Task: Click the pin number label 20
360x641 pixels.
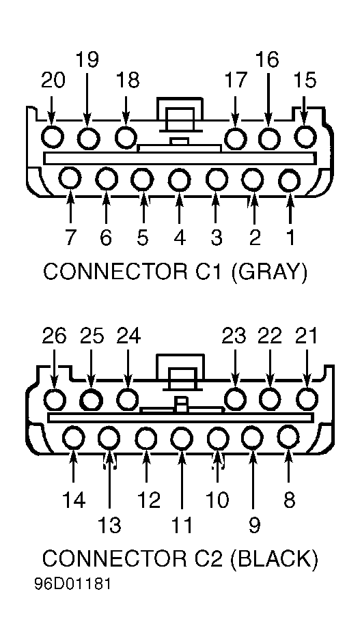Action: pos(53,81)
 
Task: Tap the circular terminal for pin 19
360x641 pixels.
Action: pos(88,139)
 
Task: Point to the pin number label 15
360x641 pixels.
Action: pos(305,81)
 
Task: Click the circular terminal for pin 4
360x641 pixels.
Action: pos(179,180)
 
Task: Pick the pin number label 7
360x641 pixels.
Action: pos(70,238)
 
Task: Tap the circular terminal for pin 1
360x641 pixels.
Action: pos(289,180)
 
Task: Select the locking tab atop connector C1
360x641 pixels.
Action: pos(180,115)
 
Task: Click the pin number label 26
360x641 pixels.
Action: pos(54,337)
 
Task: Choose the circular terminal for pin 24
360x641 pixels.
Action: pos(128,399)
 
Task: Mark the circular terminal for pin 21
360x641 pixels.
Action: pos(307,399)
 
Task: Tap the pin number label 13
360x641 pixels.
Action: pos(109,526)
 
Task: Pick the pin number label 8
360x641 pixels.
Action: pos(289,499)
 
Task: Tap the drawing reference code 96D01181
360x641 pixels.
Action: pos(72,584)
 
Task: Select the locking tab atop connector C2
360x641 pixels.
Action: pos(180,371)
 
